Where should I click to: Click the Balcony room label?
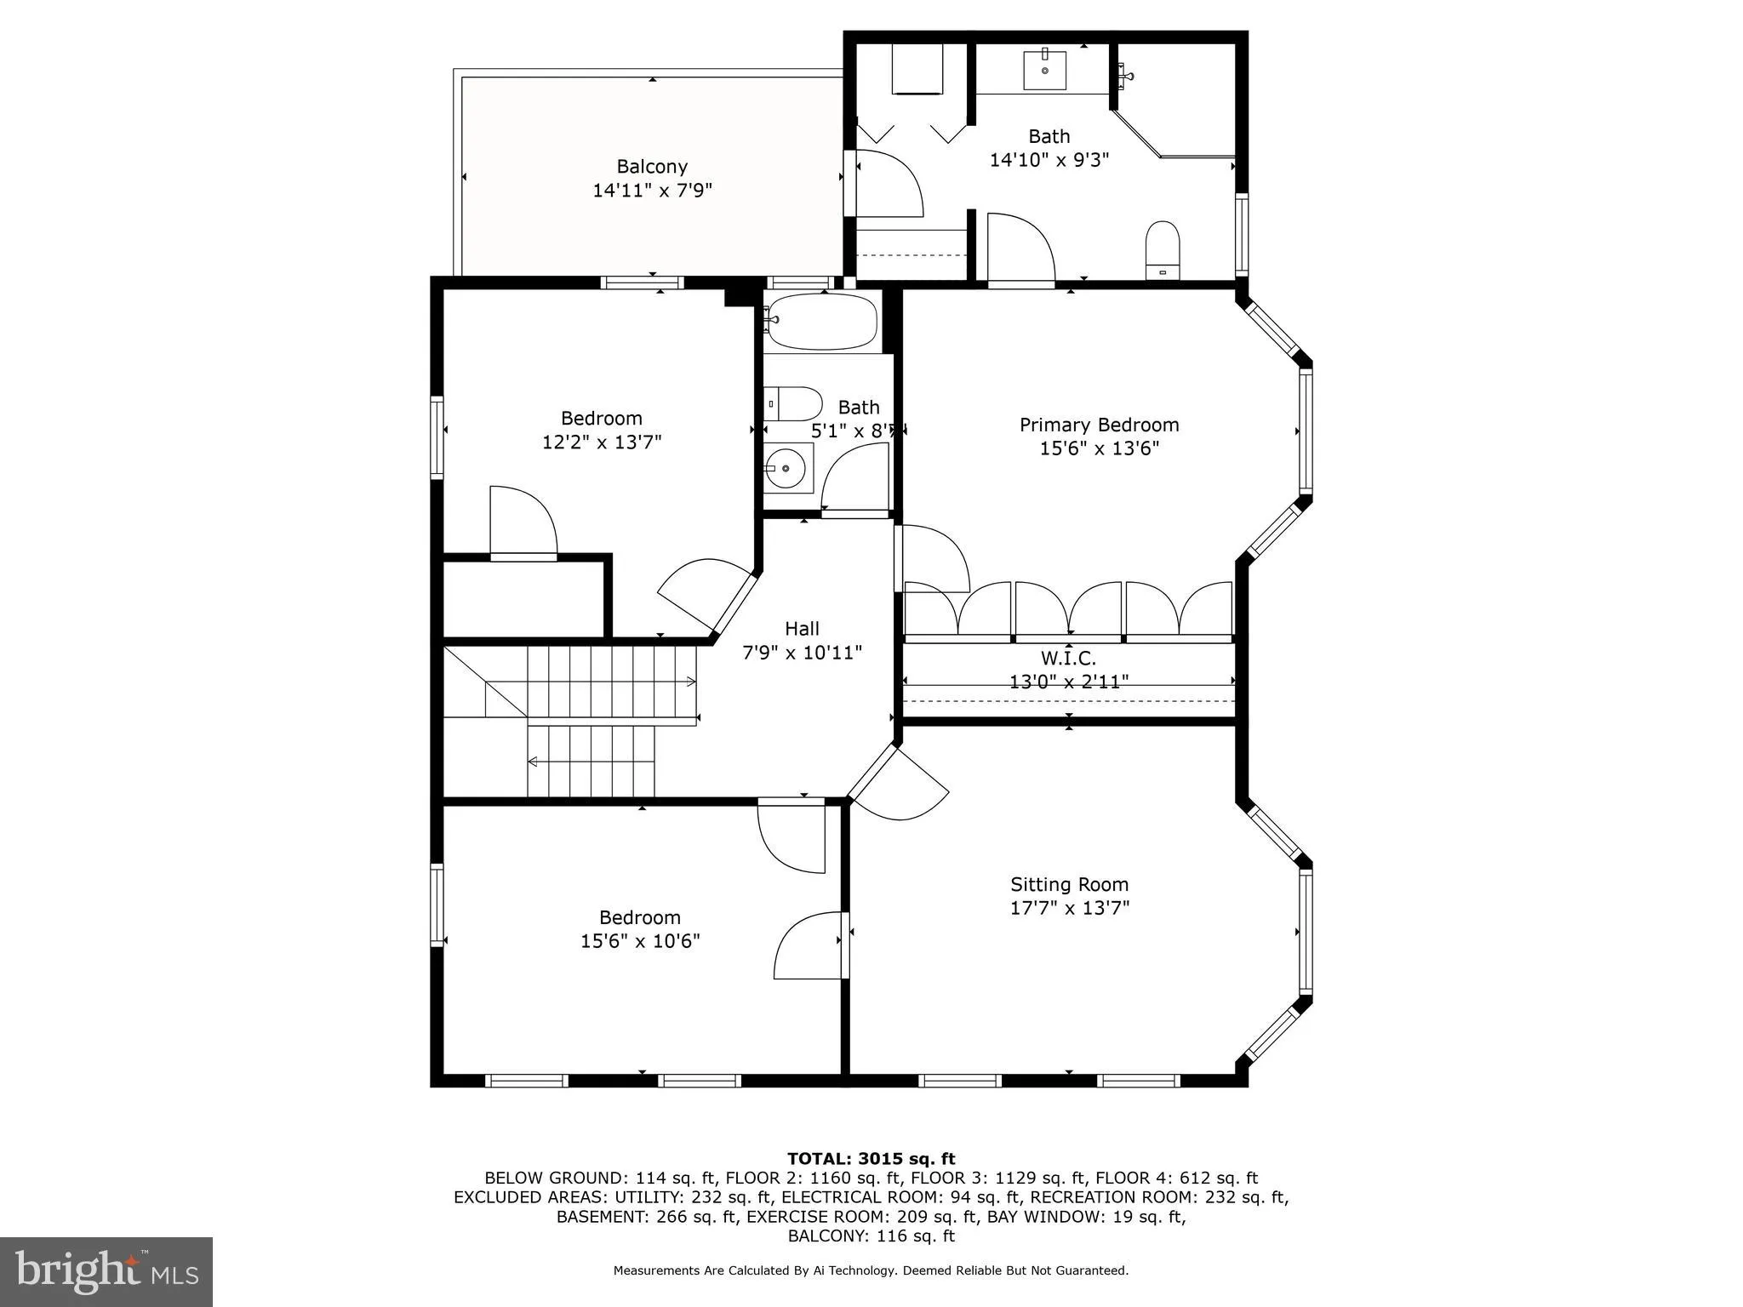(652, 167)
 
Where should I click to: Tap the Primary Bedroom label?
(1099, 425)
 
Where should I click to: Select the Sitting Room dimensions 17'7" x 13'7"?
(1069, 908)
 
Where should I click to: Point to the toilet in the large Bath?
(1162, 249)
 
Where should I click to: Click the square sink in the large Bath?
(1044, 70)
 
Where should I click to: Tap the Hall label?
(802, 629)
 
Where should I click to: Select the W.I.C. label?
(1068, 659)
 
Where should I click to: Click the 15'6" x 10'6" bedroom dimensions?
(640, 941)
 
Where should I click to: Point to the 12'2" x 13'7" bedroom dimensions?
(602, 442)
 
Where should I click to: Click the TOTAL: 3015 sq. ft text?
(871, 1159)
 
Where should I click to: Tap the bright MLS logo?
(106, 1271)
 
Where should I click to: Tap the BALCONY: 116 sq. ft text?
(871, 1236)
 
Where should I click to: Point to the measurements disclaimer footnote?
(871, 1270)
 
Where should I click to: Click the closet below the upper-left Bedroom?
(524, 597)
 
